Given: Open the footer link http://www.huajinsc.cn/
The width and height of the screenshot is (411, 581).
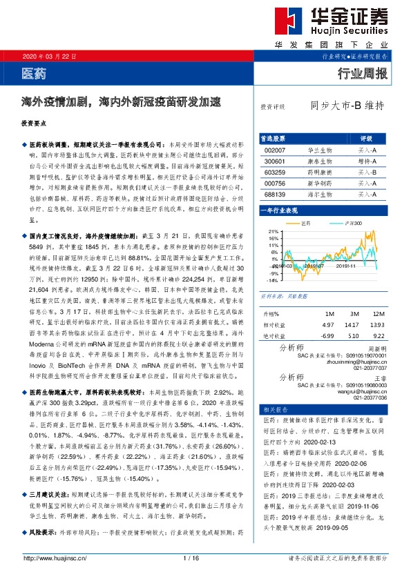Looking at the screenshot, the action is [x=52, y=558].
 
